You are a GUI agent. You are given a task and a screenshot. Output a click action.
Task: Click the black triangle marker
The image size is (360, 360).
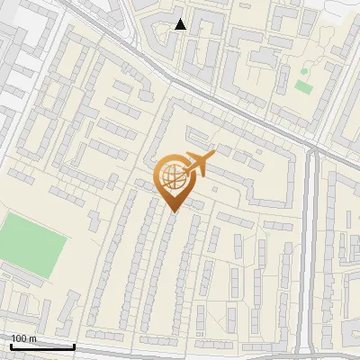pyautogui.click(x=180, y=24)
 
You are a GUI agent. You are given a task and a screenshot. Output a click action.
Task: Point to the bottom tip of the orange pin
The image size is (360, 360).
pyautogui.click(x=174, y=213)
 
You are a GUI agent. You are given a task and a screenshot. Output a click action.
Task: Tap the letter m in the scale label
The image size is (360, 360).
pyautogui.click(x=33, y=338)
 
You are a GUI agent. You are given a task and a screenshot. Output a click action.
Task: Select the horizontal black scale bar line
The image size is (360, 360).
pyautogui.click(x=42, y=346)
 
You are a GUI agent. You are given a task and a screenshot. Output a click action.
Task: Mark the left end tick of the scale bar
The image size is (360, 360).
pyautogui.click(x=11, y=345)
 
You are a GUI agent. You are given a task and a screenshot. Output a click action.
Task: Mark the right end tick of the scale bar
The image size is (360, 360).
pyautogui.click(x=74, y=345)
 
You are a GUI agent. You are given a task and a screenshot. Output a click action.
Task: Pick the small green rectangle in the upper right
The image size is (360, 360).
pyautogui.click(x=302, y=87)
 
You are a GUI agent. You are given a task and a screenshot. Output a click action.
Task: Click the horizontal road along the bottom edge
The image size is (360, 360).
pyautogui.click(x=180, y=350)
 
